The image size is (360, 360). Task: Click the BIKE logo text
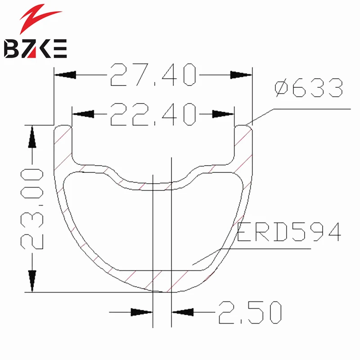35,48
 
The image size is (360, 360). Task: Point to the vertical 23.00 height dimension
31,208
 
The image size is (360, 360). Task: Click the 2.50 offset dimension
249,312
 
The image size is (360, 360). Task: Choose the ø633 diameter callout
308,88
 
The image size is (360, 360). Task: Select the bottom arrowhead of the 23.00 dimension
32,281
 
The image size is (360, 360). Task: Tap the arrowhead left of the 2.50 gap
142,311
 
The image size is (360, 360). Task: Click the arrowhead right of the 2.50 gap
182,311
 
